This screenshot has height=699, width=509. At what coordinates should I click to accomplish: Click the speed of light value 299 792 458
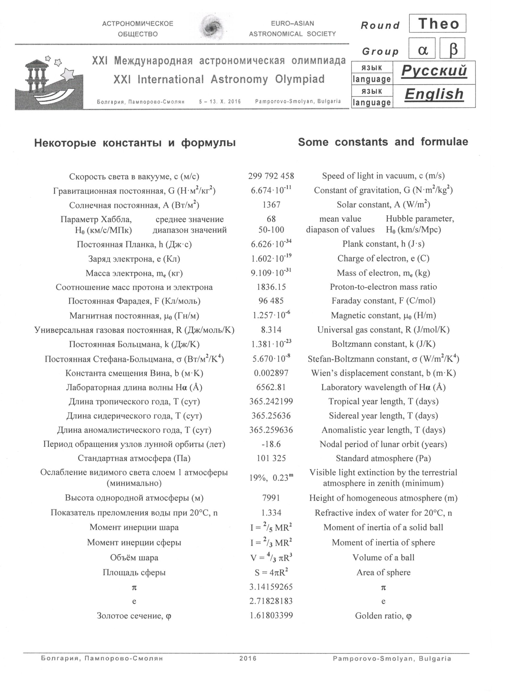[x=271, y=176]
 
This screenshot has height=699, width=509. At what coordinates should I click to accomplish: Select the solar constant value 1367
[x=271, y=204]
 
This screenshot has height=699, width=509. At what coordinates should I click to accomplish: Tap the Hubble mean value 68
[x=271, y=219]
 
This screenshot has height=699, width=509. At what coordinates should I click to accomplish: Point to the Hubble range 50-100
[x=271, y=230]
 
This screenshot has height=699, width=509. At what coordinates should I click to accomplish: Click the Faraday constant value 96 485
[x=271, y=301]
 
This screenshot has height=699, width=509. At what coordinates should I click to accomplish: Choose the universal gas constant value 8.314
[x=271, y=330]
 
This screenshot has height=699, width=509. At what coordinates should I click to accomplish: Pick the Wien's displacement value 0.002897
[x=271, y=373]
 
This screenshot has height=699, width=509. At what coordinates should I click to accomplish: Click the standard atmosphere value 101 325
[x=271, y=458]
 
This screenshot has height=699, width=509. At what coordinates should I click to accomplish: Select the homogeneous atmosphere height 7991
[x=271, y=498]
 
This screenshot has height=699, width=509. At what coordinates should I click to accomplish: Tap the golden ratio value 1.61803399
[x=271, y=616]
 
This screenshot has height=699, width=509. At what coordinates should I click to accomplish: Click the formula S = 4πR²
[x=271, y=572]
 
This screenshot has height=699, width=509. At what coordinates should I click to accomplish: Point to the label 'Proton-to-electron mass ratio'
[x=383, y=287]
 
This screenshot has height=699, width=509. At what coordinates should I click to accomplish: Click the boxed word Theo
[x=437, y=23]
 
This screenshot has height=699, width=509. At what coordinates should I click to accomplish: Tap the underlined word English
[x=434, y=94]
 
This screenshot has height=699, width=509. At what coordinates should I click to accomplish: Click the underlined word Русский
[x=434, y=71]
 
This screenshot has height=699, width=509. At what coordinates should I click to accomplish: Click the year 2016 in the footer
[x=248, y=658]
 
